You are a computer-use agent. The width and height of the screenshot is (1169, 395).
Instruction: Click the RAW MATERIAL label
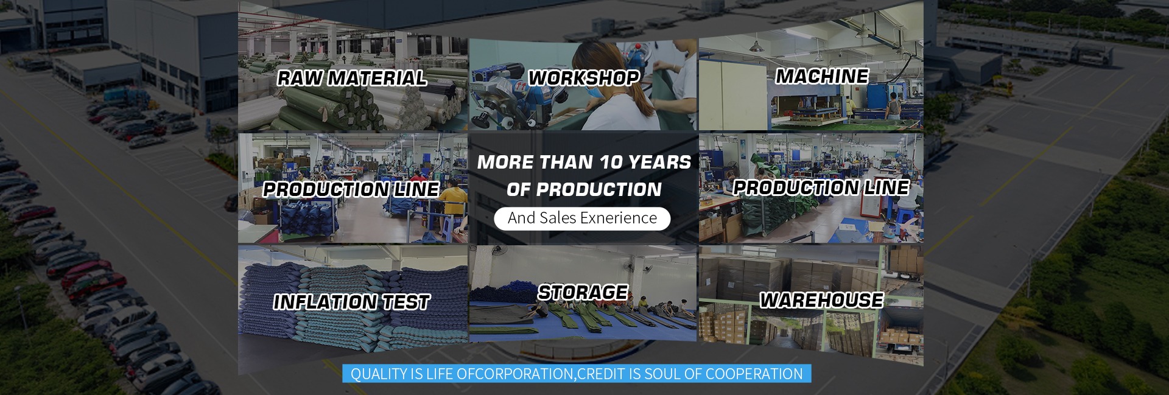(352, 78)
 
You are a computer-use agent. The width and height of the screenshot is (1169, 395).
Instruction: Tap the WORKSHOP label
(583, 78)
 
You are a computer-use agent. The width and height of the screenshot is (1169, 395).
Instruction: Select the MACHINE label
(822, 76)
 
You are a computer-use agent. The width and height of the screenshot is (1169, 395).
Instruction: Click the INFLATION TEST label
(352, 302)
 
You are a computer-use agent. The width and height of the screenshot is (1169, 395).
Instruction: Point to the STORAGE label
(583, 292)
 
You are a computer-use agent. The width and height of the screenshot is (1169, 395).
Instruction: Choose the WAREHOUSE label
(821, 300)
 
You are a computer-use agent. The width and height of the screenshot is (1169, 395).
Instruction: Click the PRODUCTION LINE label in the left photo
(351, 189)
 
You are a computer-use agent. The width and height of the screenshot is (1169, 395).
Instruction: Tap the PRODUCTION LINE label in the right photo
(821, 187)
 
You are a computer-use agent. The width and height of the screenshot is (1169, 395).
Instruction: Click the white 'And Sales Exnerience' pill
(583, 218)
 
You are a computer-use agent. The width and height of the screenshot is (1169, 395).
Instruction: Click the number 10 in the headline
(611, 163)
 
